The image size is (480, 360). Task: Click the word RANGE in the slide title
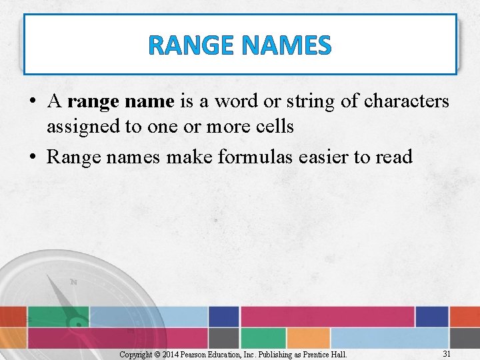pos(191,45)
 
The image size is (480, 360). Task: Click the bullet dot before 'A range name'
pos(32,102)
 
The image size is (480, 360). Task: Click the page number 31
pos(447,353)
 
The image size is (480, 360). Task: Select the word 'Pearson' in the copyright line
pos(203,354)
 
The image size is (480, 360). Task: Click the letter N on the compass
pos(73,282)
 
